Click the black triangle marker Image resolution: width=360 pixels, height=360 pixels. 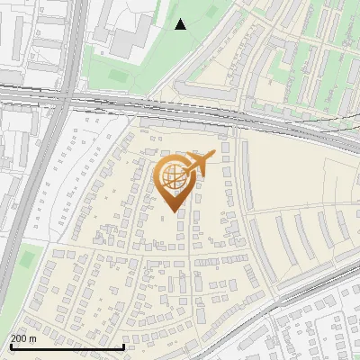[181, 24]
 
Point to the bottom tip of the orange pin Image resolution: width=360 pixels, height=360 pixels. [172, 212]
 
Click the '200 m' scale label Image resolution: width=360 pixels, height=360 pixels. [23, 338]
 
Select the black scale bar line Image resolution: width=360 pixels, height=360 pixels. [67, 346]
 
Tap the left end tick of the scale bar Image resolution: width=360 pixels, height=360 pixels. [10, 346]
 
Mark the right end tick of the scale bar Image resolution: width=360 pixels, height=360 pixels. [123, 346]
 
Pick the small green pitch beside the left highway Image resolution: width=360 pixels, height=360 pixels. [27, 258]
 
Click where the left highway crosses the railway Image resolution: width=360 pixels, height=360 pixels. [61, 97]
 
